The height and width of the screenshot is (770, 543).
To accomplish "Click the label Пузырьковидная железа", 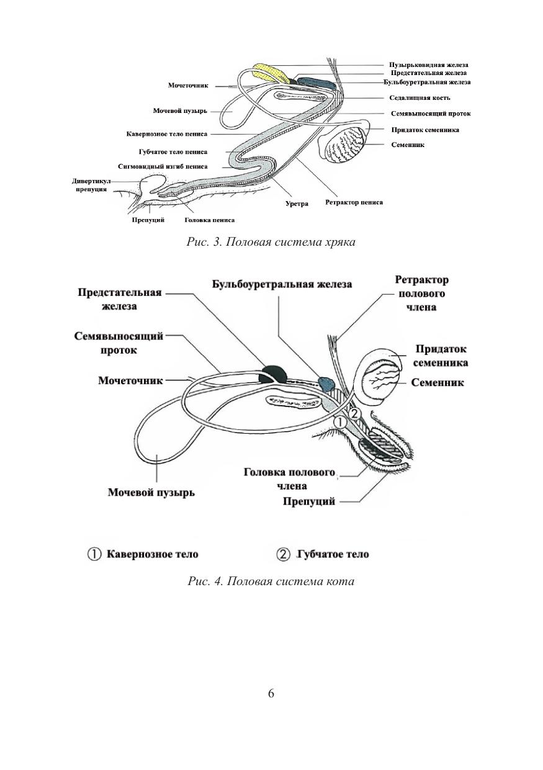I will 428,65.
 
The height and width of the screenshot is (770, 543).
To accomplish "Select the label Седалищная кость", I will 420,98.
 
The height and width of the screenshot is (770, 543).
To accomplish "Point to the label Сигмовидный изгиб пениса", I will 163,167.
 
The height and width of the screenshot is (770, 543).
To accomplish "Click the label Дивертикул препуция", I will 92,185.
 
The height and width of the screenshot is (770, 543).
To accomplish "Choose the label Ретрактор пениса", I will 354,202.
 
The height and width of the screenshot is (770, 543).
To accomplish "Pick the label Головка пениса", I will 210,220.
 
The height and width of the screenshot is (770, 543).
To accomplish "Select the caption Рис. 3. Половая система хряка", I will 271,242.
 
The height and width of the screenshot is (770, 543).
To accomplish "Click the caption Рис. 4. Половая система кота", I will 271,581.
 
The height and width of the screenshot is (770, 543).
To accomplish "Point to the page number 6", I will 271,693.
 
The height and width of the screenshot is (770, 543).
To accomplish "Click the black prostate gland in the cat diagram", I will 274,374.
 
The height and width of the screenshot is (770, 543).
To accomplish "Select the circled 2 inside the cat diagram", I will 353,413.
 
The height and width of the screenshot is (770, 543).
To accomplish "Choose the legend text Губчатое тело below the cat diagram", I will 333,554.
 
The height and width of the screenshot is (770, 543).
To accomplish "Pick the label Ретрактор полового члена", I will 421,293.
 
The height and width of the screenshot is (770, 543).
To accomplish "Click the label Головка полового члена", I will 290,479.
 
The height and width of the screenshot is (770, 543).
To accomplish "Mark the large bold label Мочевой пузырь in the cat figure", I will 151,493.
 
